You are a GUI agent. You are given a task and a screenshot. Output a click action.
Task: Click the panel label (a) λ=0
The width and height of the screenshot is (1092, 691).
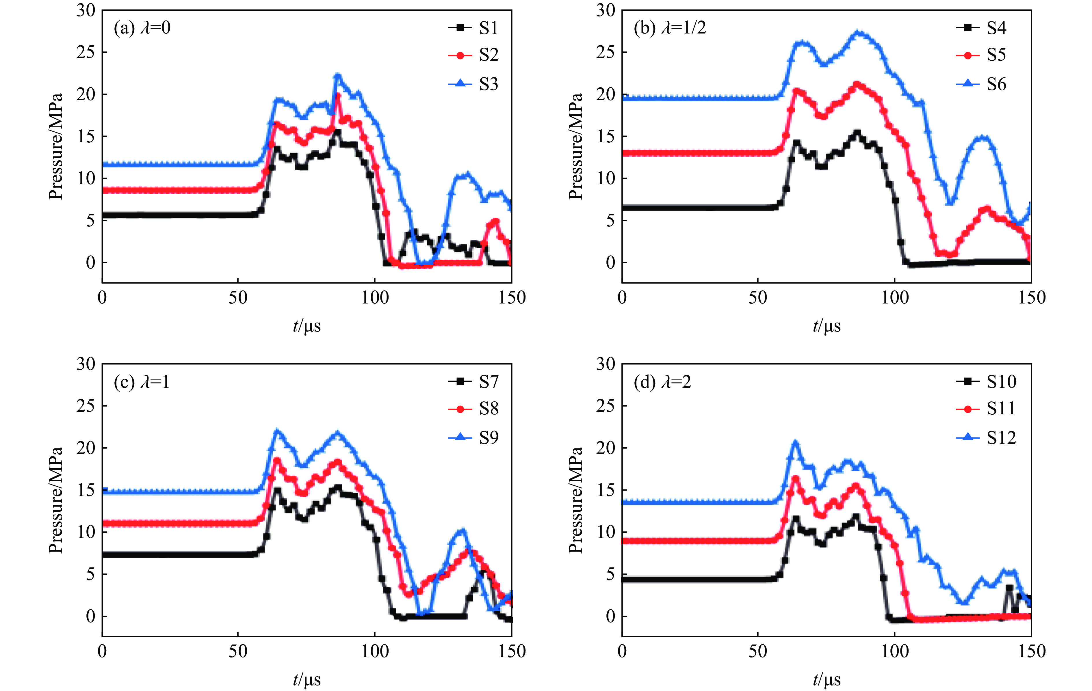pos(142,28)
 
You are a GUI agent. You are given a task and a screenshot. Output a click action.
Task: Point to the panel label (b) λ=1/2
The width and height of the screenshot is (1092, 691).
pos(670,28)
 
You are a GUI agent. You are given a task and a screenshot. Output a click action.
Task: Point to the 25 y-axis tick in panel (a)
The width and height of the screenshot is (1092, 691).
pos(86,52)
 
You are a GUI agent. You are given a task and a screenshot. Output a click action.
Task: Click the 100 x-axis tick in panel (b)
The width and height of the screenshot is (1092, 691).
pos(895,298)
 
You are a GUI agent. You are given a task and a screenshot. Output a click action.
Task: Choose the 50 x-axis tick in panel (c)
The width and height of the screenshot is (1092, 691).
pos(238,651)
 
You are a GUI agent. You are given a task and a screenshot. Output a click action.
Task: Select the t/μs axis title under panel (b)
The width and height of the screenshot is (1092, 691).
pos(826,325)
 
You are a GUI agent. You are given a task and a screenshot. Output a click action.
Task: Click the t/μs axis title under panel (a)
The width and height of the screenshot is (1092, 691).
pos(307,325)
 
